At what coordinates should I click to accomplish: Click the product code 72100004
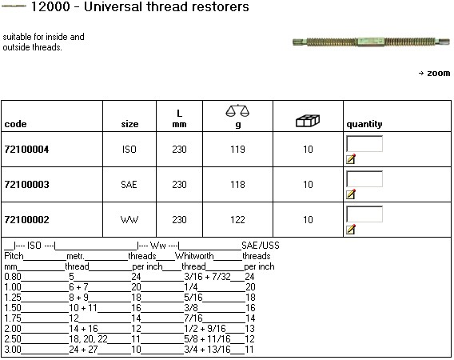click(x=26, y=150)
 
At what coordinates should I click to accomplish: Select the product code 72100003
click(x=26, y=184)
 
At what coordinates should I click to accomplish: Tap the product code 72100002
click(x=26, y=220)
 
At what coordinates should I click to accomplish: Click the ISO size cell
click(x=129, y=150)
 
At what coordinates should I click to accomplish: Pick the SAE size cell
click(x=129, y=184)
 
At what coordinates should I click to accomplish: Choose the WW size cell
click(x=129, y=220)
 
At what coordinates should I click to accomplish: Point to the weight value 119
click(x=237, y=150)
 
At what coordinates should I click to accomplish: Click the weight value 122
click(x=237, y=220)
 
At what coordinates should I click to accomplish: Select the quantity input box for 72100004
click(x=364, y=144)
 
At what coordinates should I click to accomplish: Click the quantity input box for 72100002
click(x=364, y=214)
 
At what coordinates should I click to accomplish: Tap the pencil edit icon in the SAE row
click(x=351, y=194)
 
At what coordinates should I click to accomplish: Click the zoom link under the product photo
click(x=434, y=73)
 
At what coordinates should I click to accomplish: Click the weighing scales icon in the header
click(x=237, y=110)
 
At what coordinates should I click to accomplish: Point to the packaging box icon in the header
click(x=308, y=121)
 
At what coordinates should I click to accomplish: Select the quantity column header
click(x=364, y=124)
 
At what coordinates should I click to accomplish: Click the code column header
click(x=16, y=124)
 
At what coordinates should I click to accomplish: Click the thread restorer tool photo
click(x=371, y=42)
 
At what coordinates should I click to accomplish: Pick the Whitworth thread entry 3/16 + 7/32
click(x=207, y=277)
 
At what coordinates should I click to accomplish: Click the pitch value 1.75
click(x=13, y=318)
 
